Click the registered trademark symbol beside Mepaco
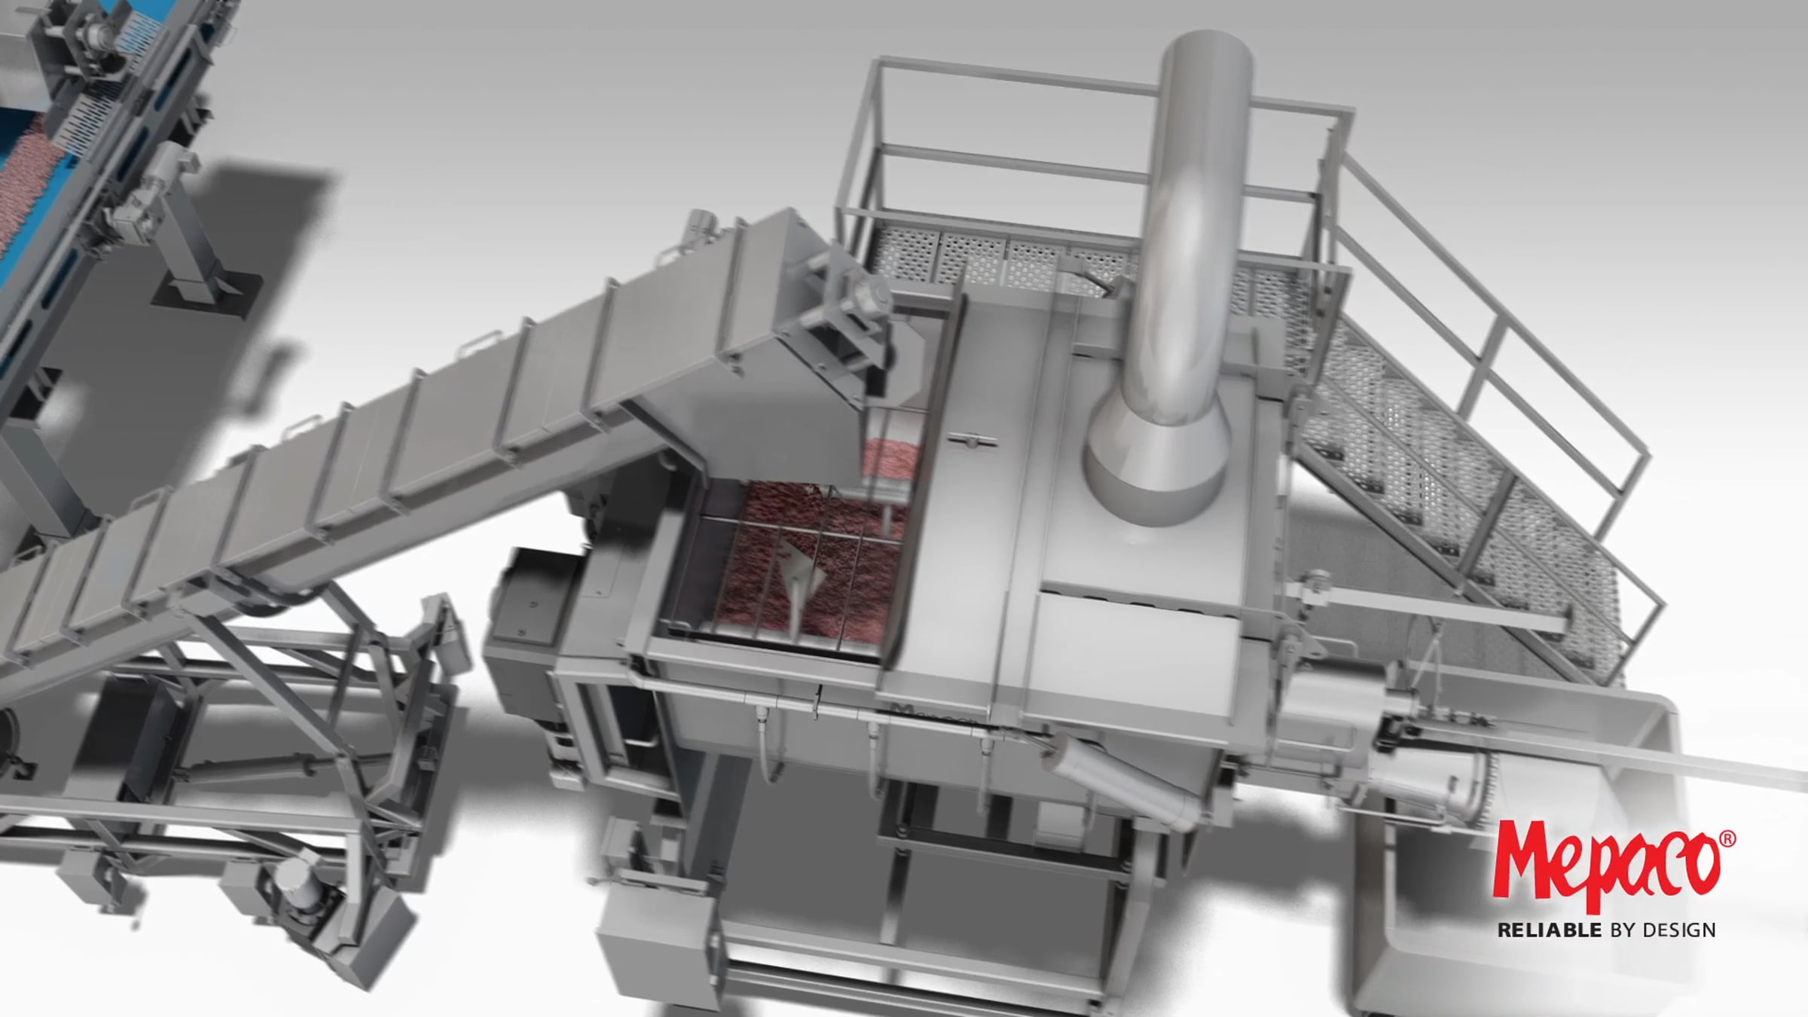click(1728, 839)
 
